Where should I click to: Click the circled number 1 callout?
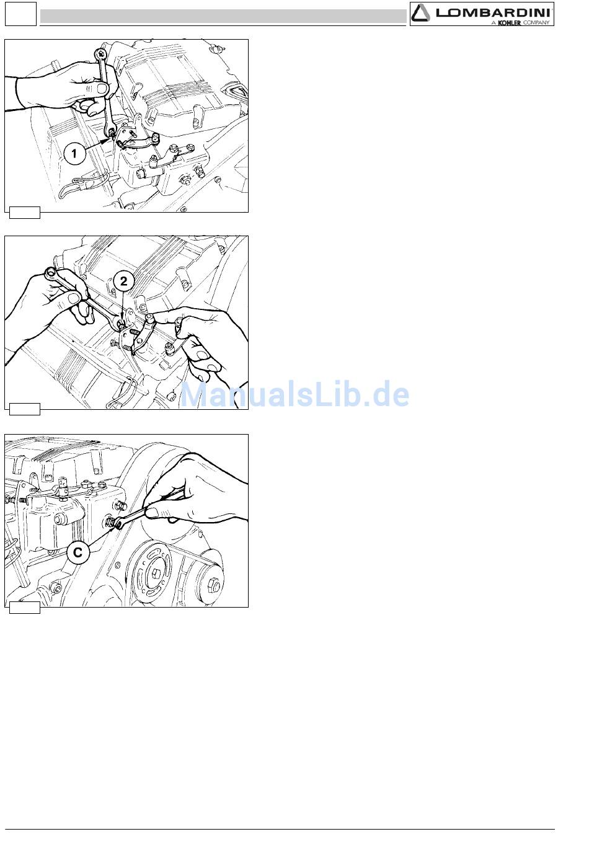point(74,153)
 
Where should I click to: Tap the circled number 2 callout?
point(123,281)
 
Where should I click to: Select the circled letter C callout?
point(77,552)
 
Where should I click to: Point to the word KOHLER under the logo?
point(509,22)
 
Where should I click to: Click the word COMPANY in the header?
point(536,22)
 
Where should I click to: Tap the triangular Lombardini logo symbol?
point(420,12)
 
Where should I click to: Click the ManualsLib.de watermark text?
point(294,394)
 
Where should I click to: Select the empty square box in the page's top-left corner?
point(20,14)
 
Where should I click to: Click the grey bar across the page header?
point(223,16)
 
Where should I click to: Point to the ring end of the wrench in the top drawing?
point(101,53)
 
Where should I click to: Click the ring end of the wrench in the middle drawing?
point(51,273)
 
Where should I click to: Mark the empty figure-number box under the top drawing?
point(24,213)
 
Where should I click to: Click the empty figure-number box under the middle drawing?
point(24,409)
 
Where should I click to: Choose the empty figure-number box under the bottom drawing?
point(24,608)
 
